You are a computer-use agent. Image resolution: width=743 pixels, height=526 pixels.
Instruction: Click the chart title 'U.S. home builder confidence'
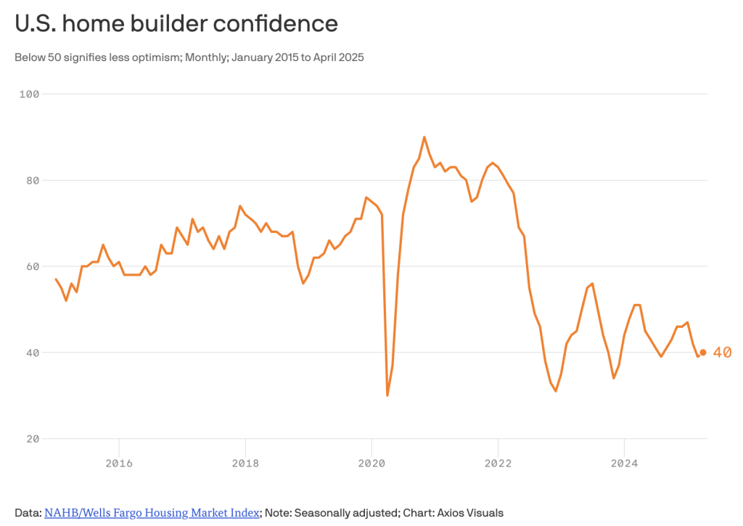coord(176,24)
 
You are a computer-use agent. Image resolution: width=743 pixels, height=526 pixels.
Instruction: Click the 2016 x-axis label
coord(119,462)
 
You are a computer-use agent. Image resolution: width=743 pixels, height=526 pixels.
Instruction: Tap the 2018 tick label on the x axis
coord(245,462)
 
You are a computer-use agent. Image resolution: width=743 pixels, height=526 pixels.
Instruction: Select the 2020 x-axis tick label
coord(371,462)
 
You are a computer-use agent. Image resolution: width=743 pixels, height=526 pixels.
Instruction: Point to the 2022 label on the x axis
coord(498,462)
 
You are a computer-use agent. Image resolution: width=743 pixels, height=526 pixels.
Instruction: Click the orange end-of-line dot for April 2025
coord(703,353)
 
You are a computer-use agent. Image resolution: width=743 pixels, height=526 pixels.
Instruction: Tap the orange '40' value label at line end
coord(722,353)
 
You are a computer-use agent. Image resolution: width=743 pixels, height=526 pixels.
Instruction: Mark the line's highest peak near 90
coord(424,137)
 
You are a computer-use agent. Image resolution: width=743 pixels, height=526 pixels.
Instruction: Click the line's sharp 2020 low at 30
coord(387,395)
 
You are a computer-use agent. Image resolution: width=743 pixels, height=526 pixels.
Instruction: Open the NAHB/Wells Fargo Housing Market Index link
coord(152,513)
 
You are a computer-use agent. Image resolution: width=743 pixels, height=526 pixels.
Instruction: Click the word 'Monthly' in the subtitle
coord(205,57)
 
